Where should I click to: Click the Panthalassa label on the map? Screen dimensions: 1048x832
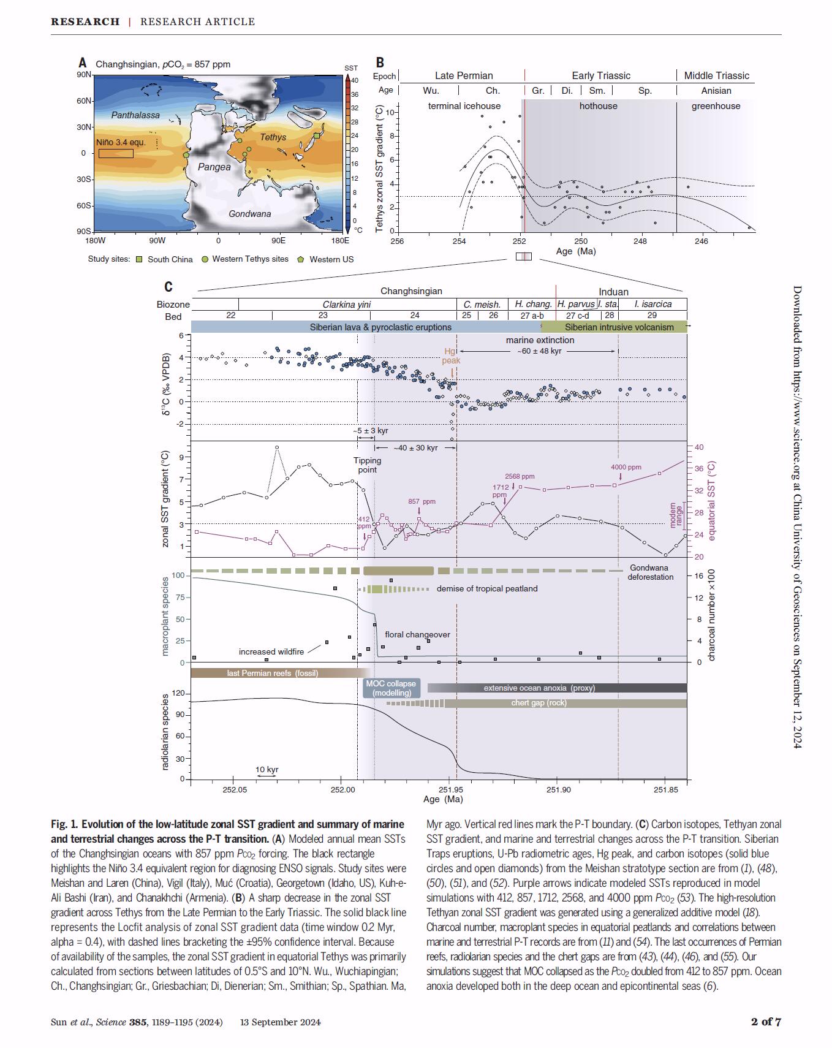point(135,115)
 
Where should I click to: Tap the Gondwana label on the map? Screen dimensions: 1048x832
point(249,214)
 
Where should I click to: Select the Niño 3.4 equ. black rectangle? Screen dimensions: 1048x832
point(116,153)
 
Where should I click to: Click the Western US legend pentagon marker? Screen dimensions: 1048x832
point(300,259)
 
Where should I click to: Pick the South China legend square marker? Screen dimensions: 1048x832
point(139,259)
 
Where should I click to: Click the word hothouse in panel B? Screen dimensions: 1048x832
point(598,106)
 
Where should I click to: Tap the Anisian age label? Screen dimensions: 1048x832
point(716,91)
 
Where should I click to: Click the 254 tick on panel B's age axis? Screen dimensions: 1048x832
point(459,241)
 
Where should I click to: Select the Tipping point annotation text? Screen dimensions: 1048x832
point(367,465)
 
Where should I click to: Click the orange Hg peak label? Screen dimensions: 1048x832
point(451,356)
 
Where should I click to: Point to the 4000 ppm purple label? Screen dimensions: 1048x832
point(626,467)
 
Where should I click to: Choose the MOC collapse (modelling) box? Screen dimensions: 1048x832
point(390,688)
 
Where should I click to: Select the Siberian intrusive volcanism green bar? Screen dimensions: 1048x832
point(619,327)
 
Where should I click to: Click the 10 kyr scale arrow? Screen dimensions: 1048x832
point(267,777)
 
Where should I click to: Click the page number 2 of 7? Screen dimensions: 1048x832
point(766,1022)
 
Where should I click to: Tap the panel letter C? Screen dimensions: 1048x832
point(168,287)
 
